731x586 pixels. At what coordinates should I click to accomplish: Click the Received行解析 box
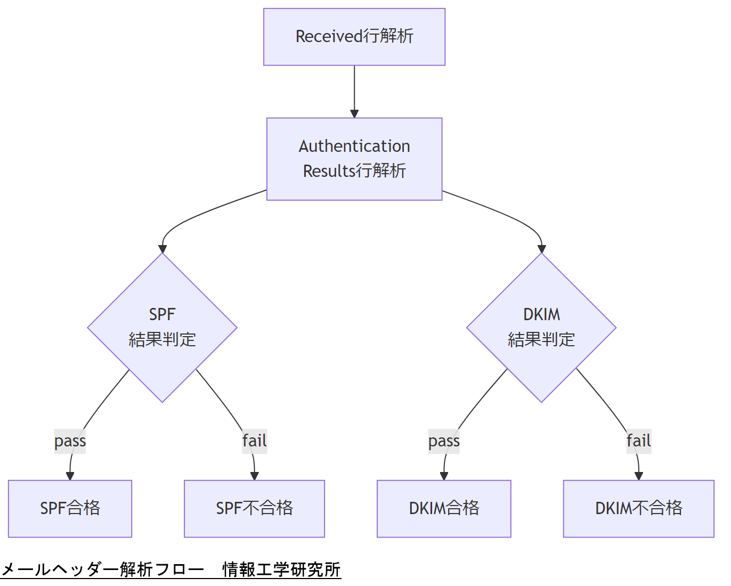click(354, 37)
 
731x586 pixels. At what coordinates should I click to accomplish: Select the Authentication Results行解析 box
click(354, 159)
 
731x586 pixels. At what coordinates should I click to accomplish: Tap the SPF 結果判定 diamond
click(162, 327)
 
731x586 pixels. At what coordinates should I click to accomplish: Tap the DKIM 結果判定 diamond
click(541, 327)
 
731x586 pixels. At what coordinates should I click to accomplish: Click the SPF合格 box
click(70, 508)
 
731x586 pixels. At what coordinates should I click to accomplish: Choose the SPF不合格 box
click(254, 508)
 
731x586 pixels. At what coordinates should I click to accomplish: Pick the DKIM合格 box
click(444, 508)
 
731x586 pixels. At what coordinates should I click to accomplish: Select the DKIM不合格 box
click(638, 508)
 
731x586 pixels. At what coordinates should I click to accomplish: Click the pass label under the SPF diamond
click(70, 441)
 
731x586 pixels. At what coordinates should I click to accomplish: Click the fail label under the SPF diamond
click(254, 441)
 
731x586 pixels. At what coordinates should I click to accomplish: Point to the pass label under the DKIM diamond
click(444, 441)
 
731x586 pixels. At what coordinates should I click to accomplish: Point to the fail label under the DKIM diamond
click(638, 441)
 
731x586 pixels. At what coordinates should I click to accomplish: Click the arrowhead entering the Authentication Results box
click(354, 113)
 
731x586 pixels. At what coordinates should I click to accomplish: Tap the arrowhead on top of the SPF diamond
click(163, 249)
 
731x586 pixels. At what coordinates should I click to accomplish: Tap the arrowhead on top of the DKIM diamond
click(541, 249)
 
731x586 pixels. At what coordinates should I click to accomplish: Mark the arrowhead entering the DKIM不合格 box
click(638, 476)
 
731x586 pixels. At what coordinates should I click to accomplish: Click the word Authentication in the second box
click(354, 146)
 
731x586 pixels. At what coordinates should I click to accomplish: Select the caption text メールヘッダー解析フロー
click(103, 569)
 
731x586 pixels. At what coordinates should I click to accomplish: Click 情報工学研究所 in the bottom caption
click(281, 569)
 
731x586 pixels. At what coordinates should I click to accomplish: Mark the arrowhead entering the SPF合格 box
click(70, 476)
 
